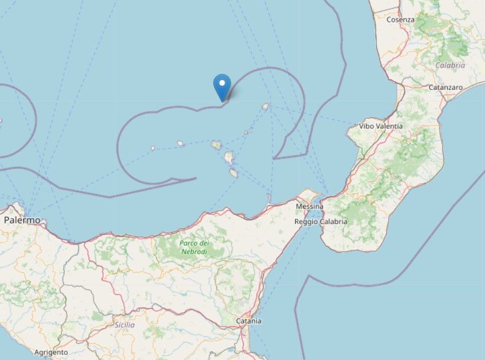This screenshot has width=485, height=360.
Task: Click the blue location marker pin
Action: click(x=222, y=87)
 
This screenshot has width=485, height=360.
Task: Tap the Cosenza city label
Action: click(x=400, y=20)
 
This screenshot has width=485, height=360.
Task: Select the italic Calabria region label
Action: click(x=450, y=65)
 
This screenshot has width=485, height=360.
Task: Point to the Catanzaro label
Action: click(x=445, y=87)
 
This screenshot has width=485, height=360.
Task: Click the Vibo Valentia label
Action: click(x=381, y=126)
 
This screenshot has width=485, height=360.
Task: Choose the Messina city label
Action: click(x=309, y=206)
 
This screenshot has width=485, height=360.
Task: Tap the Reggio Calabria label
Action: click(x=320, y=222)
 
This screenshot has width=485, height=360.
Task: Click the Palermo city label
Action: click(x=22, y=220)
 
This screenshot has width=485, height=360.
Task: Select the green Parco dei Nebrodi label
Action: click(x=195, y=247)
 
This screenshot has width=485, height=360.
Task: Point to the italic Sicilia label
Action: click(x=125, y=325)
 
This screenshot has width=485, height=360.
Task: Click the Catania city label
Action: click(x=250, y=321)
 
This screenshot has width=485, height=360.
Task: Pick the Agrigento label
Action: click(x=51, y=352)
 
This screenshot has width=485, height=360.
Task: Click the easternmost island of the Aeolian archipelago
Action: click(x=266, y=106)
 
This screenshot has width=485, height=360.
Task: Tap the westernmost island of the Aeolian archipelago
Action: click(x=153, y=148)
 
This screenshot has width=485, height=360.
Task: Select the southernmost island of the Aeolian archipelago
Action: click(x=234, y=172)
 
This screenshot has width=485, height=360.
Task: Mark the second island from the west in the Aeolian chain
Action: click(x=180, y=144)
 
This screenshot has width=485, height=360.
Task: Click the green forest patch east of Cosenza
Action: click(x=436, y=29)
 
